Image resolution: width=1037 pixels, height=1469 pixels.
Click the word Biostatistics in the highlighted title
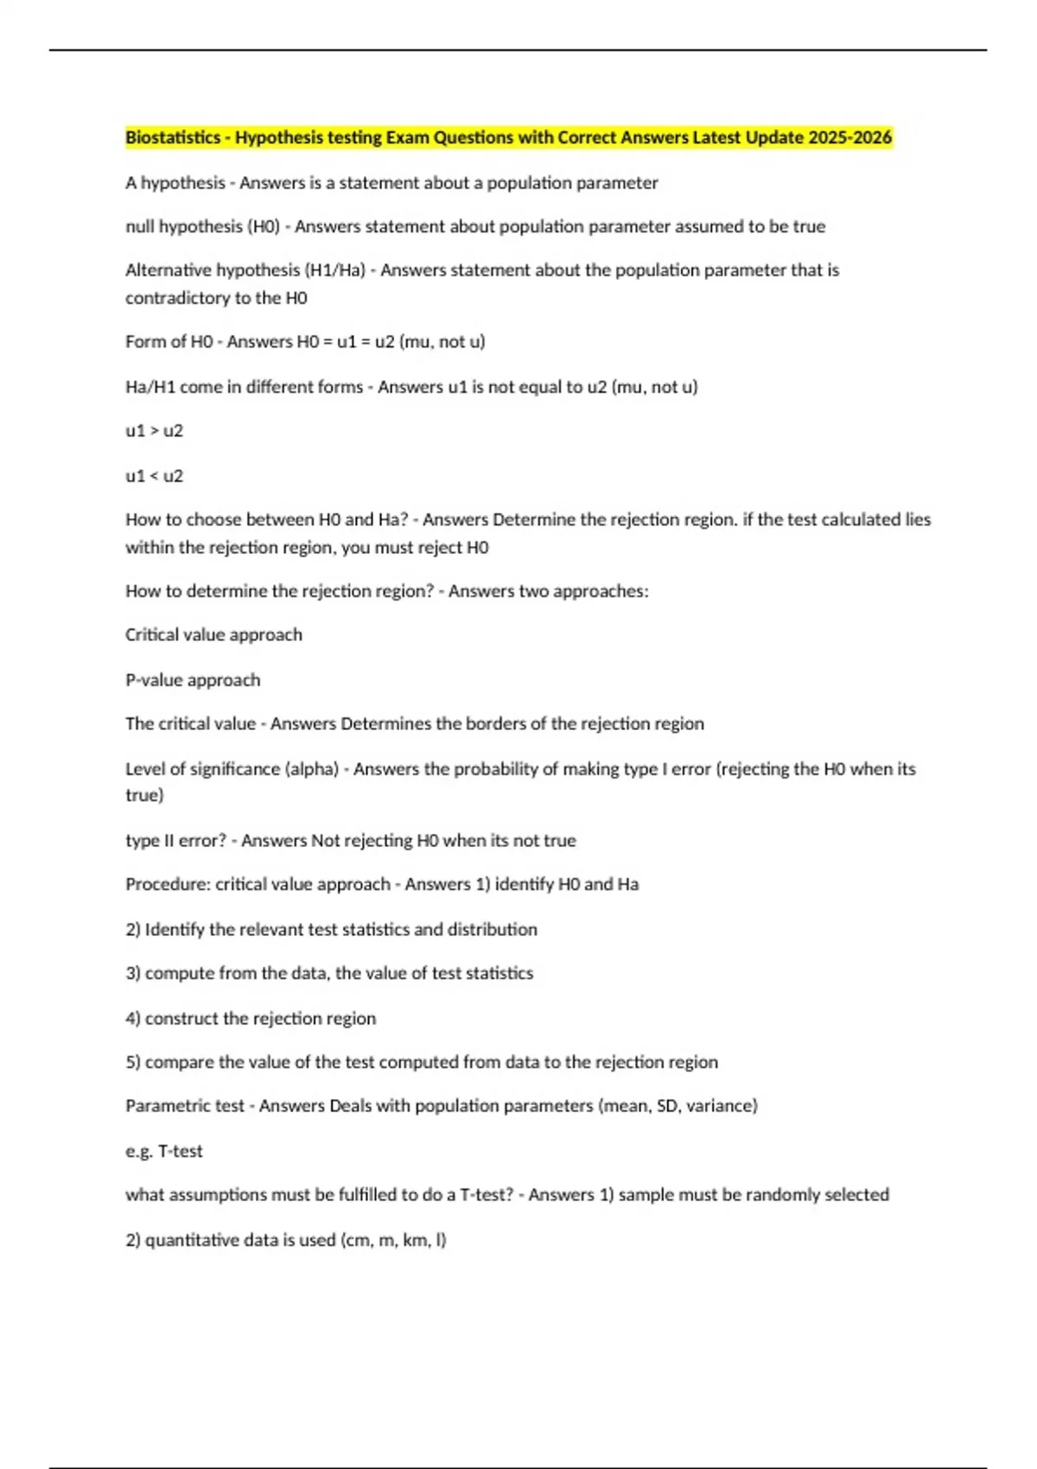pyautogui.click(x=173, y=137)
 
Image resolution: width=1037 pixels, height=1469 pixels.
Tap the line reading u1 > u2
pyautogui.click(x=154, y=430)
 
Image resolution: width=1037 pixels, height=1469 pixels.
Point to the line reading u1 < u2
pyautogui.click(x=154, y=475)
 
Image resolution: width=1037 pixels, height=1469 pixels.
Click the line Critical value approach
pyautogui.click(x=213, y=634)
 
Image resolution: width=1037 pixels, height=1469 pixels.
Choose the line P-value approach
pyautogui.click(x=193, y=680)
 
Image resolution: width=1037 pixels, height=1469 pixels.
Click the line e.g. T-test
pyautogui.click(x=164, y=1151)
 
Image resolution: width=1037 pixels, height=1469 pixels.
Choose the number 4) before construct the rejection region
pyautogui.click(x=133, y=1018)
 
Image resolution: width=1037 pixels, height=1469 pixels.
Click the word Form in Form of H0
pyautogui.click(x=143, y=341)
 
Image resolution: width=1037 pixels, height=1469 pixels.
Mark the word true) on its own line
pyautogui.click(x=144, y=795)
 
